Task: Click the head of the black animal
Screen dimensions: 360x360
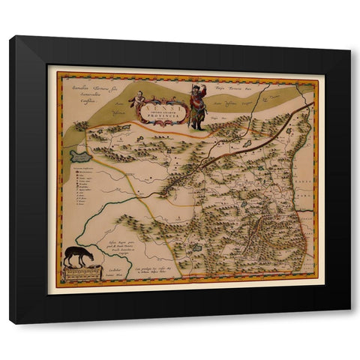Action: [89, 255]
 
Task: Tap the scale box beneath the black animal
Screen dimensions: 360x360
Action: [83, 274]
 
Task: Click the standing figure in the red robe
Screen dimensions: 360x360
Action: [197, 107]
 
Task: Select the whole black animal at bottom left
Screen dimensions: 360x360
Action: [78, 256]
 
